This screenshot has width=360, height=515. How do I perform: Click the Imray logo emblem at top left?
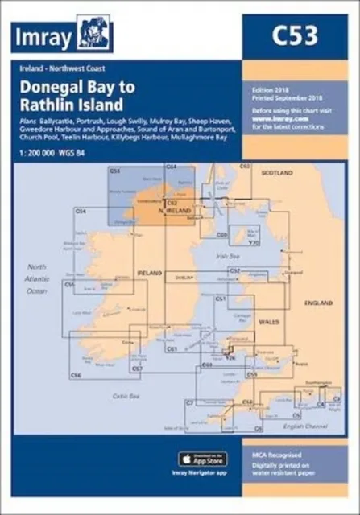[x=94, y=34]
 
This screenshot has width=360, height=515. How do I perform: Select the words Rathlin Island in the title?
[x=72, y=105]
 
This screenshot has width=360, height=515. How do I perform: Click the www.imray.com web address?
[x=269, y=118]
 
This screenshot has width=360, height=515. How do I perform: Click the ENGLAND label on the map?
[x=318, y=303]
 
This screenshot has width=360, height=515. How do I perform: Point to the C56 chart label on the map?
[x=76, y=376]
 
